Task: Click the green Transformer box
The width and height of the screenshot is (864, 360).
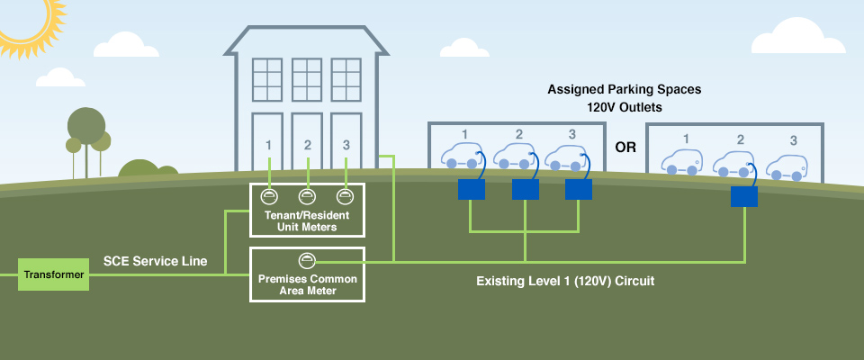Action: [54, 274]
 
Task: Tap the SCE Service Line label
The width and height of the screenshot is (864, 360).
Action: [156, 262]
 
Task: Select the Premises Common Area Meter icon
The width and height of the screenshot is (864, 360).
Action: [306, 262]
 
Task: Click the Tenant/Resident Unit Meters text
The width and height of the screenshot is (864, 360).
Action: [306, 221]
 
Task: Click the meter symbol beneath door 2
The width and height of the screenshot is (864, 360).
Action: [307, 196]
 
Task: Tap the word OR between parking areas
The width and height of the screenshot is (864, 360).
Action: [625, 145]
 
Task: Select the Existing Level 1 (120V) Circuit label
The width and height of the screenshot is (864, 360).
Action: [564, 281]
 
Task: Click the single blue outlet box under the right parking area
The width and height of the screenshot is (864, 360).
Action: [743, 197]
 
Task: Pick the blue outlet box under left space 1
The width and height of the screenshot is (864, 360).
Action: [471, 189]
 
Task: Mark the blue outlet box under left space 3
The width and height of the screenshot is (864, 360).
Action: [579, 189]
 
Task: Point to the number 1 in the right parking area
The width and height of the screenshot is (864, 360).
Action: [687, 139]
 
